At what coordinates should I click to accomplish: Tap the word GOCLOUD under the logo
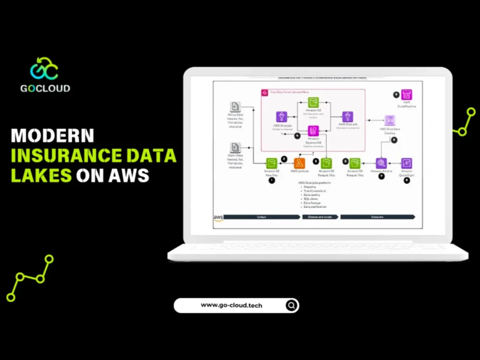pos(45,88)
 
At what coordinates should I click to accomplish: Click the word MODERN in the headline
pos(52,135)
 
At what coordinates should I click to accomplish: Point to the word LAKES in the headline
pos(41,175)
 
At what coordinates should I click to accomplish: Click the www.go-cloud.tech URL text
pos(232,305)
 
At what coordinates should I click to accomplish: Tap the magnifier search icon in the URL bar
pos(292,306)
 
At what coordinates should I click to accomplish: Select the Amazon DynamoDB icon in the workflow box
pos(313,131)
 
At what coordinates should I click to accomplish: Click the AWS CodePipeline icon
pos(407,95)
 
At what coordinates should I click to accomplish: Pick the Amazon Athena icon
pos(381,163)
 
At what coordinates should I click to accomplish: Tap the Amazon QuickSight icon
pos(406,163)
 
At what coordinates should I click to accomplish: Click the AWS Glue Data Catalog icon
pos(390,120)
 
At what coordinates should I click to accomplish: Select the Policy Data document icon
pos(235,107)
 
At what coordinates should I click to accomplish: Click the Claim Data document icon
pos(235,148)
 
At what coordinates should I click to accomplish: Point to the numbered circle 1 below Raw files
pos(271,180)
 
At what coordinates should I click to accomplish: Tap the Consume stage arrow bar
pos(377,217)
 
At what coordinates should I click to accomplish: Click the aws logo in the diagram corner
pos(218,218)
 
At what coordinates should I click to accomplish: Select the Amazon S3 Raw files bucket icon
pos(271,163)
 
